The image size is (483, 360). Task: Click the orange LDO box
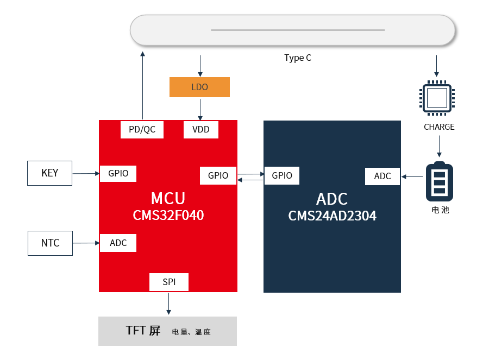click(x=199, y=87)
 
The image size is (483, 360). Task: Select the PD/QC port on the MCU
click(x=142, y=130)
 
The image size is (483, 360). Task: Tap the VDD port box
click(x=200, y=130)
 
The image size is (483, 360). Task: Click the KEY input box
click(x=49, y=173)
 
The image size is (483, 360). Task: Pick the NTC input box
click(x=50, y=243)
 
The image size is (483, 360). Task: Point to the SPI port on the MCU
click(x=169, y=282)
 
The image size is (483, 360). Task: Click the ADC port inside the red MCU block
click(x=118, y=243)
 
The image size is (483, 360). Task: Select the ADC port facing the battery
click(x=382, y=176)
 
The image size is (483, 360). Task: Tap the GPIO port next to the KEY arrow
click(x=118, y=174)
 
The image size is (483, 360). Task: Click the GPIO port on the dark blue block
click(x=282, y=175)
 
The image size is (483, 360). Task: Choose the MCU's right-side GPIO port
click(x=218, y=175)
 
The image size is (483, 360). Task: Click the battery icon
click(x=439, y=182)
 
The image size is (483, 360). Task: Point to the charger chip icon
click(x=437, y=98)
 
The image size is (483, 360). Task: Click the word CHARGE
click(x=439, y=127)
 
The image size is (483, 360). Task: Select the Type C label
click(x=298, y=58)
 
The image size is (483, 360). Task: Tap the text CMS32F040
click(x=168, y=216)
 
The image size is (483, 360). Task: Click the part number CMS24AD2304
click(x=332, y=216)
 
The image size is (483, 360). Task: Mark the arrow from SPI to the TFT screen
click(x=168, y=304)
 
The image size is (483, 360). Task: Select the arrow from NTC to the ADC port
click(x=86, y=243)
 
